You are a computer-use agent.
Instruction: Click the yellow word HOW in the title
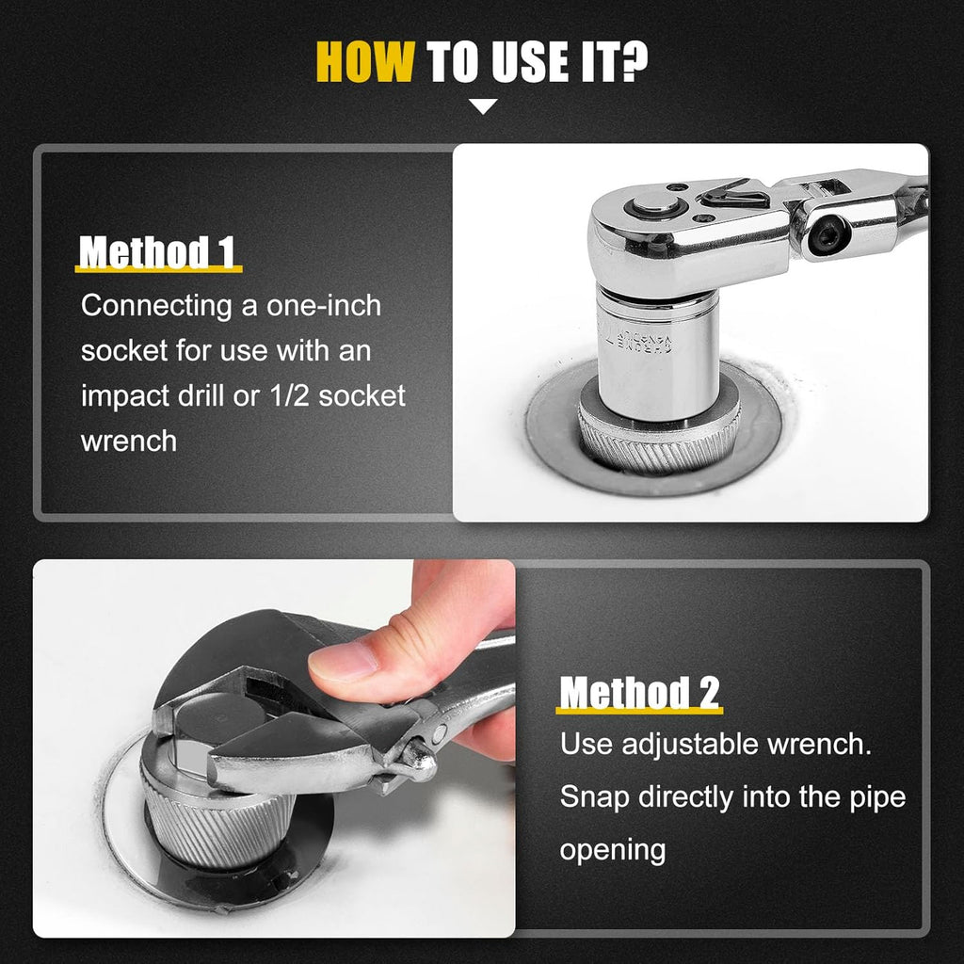coord(364,61)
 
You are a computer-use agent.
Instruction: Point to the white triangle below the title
coord(483,106)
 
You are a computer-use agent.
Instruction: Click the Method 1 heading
coord(157,252)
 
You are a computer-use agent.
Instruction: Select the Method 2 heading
coord(639,693)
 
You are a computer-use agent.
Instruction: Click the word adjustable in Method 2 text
coord(690,746)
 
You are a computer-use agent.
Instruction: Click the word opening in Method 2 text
coord(613,851)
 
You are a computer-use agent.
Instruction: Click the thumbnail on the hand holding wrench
coord(343,662)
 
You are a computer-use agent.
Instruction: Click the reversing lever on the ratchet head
coord(735,194)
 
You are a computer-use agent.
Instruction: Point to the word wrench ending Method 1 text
coord(128,442)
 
